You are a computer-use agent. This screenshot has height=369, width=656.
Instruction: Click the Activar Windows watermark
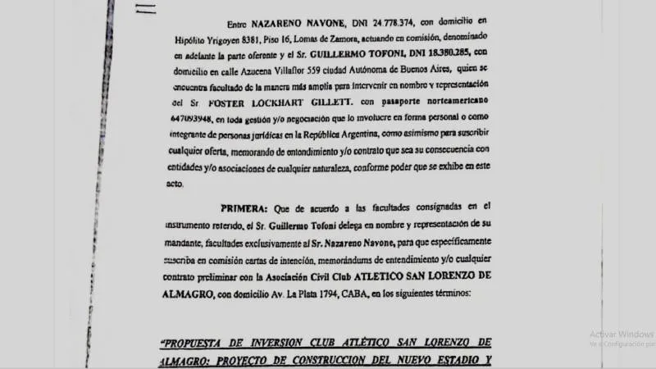[x=621, y=334]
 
